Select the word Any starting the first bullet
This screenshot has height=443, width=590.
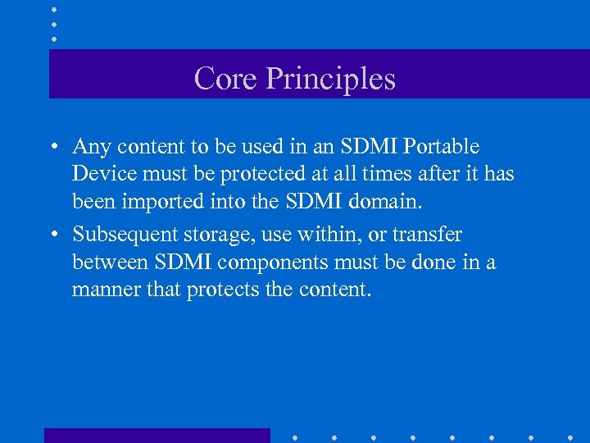[x=91, y=147]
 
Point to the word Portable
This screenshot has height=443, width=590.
[x=440, y=146]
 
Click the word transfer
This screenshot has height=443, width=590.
[x=427, y=235]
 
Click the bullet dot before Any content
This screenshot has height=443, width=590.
[x=52, y=148]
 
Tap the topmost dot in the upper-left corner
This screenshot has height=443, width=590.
[x=53, y=10]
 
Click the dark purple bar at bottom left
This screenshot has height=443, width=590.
[x=157, y=435]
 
